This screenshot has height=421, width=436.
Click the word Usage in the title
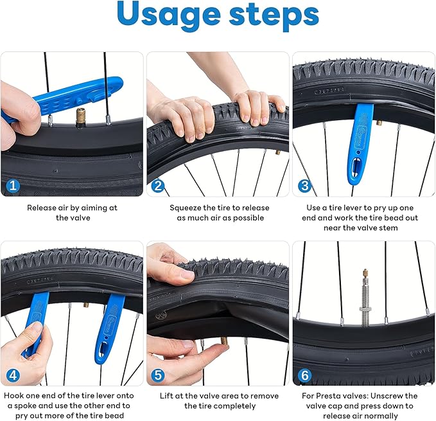tap(168, 16)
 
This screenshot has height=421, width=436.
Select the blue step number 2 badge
tap(157, 186)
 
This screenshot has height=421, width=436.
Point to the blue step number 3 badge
tap(303, 186)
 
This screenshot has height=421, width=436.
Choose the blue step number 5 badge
tap(157, 374)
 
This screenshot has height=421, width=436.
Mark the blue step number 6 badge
tap(303, 374)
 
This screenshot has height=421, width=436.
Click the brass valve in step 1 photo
tap(81, 118)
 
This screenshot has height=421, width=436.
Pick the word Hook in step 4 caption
tap(15, 396)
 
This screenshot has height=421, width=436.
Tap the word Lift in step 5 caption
tap(168, 396)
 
